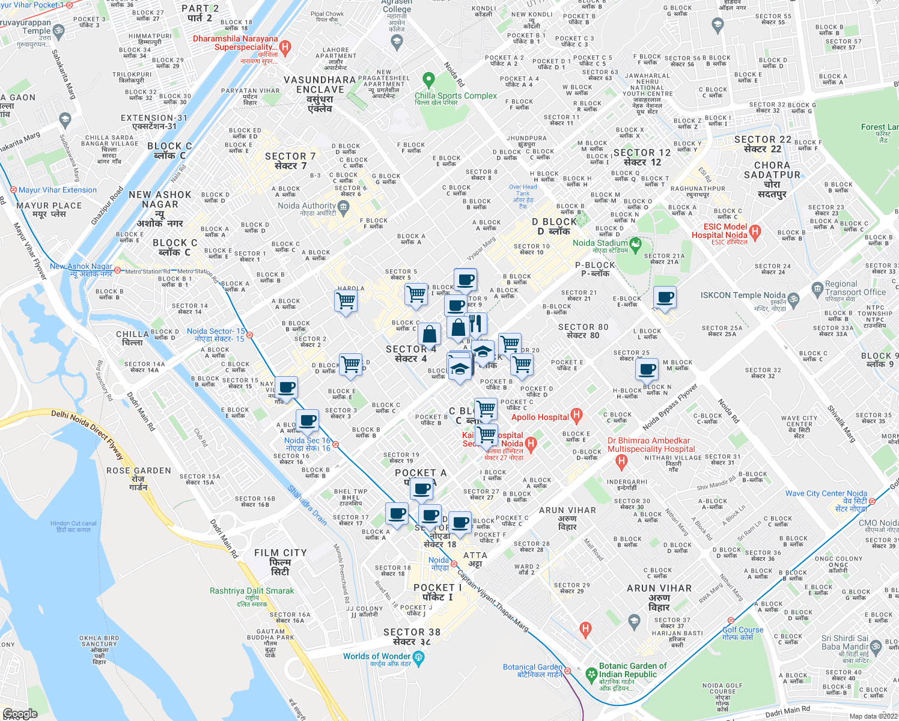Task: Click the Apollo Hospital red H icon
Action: coord(577,415)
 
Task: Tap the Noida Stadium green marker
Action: coord(635,245)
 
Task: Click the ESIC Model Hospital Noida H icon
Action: coord(755,231)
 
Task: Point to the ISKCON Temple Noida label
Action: coord(743,295)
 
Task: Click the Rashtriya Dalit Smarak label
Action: coord(252,591)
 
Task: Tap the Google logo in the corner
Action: coord(20,714)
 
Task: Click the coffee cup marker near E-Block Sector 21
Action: coord(665,297)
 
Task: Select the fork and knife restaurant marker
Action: coord(476,324)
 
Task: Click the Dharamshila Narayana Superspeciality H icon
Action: coord(285,47)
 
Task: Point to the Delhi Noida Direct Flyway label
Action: coord(87,433)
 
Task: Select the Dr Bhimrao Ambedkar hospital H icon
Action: coord(622,461)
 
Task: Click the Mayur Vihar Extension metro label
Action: coord(57,190)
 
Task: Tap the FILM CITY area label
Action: coord(280,553)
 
